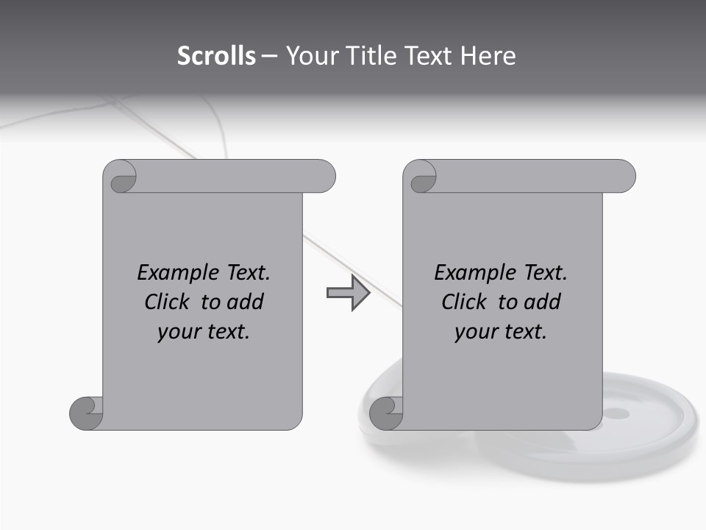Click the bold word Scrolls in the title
pos(217,56)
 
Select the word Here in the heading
pos(488,56)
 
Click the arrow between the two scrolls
pos(348,293)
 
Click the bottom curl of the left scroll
pos(86,413)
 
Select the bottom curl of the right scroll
pos(386,413)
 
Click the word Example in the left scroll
pos(169,273)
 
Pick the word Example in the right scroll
pos(466,273)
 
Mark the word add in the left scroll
pos(245,302)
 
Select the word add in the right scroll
pos(542,302)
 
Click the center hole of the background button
pos(616,413)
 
